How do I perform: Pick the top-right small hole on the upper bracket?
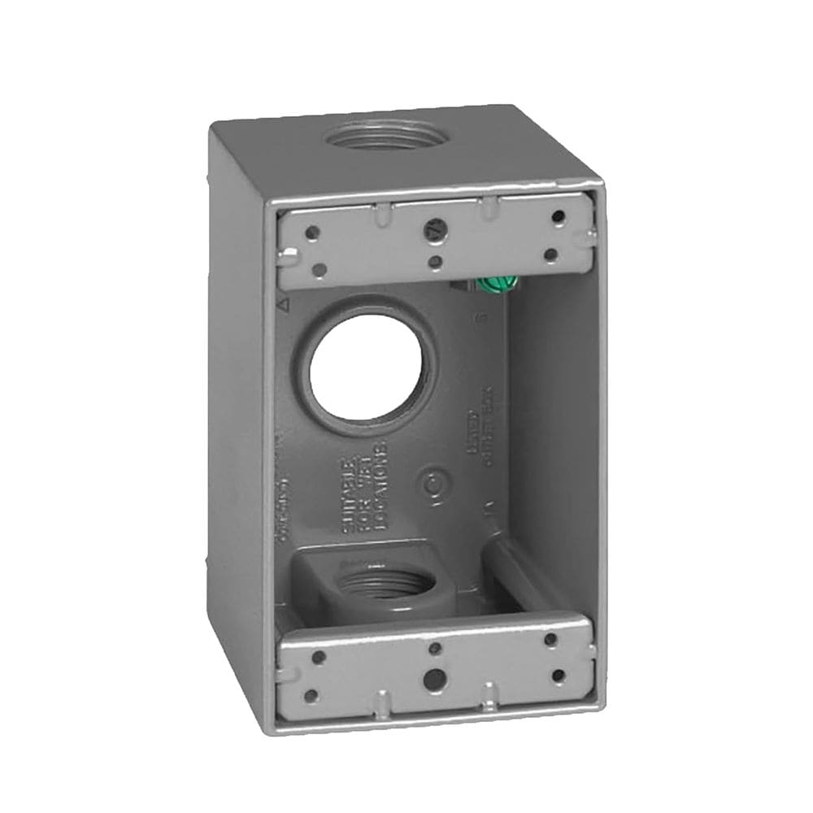click(x=558, y=216)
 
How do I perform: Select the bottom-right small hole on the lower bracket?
click(x=557, y=675)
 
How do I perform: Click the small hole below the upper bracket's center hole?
click(x=436, y=262)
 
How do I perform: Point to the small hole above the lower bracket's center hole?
click(x=435, y=648)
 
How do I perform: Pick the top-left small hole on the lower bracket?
click(x=320, y=657)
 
